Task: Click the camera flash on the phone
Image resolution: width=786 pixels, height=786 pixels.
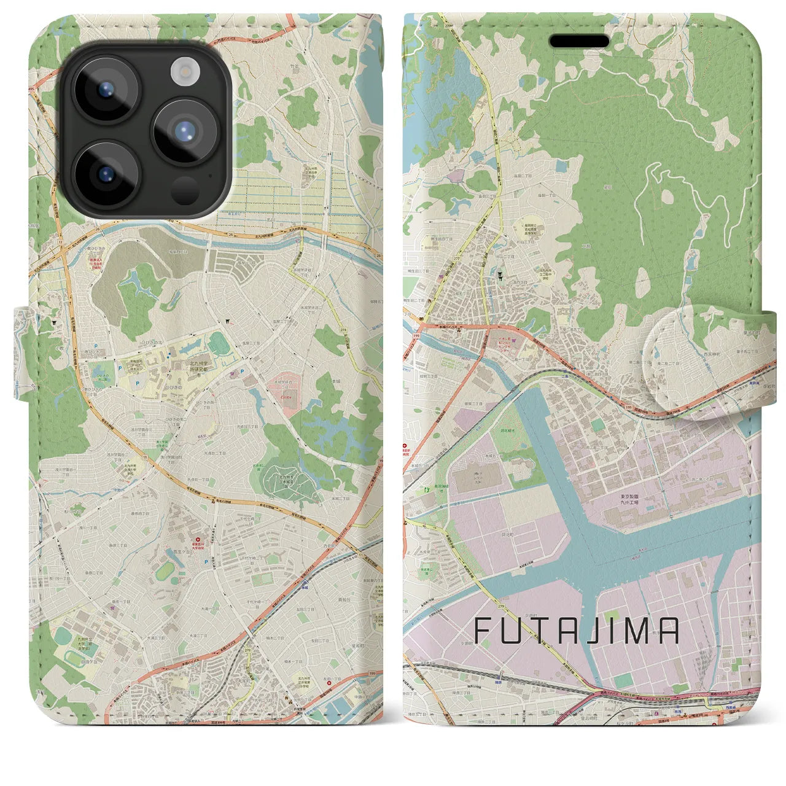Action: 182,72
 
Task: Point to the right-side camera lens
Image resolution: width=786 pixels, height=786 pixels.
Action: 185,131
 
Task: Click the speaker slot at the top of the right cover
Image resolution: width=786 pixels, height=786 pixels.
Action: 579,41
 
